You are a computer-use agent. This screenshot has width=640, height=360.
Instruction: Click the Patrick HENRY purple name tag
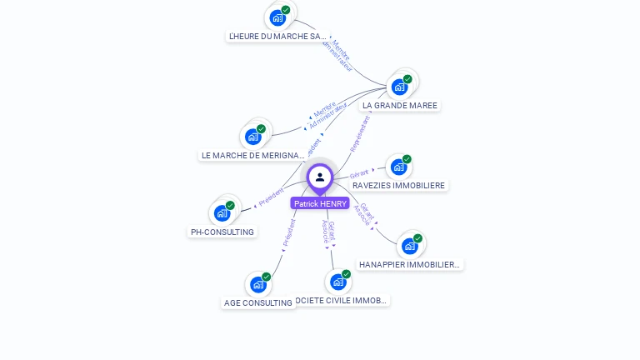(x=320, y=203)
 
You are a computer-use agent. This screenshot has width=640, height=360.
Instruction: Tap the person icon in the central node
(x=320, y=177)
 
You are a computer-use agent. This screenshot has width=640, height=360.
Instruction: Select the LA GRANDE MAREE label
(x=400, y=106)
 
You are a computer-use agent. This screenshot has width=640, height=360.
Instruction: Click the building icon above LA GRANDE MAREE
(x=400, y=87)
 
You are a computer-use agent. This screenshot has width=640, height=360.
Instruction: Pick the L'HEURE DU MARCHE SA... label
(x=277, y=37)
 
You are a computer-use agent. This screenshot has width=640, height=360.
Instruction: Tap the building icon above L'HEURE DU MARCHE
(x=277, y=17)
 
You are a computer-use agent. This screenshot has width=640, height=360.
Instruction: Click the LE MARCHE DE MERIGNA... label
(x=253, y=155)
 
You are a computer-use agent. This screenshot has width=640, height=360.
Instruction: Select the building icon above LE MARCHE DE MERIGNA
(x=253, y=137)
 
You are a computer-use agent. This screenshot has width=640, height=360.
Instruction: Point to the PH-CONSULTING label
(x=222, y=232)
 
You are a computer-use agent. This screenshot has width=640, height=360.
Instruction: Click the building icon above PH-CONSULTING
(x=222, y=212)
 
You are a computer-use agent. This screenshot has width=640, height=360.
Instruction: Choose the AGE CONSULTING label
(x=258, y=303)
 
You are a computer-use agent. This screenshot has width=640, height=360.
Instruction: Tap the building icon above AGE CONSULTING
(x=258, y=284)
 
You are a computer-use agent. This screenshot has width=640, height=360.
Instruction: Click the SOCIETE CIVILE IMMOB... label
(x=342, y=300)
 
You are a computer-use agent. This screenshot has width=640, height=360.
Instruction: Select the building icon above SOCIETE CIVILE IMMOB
(x=337, y=282)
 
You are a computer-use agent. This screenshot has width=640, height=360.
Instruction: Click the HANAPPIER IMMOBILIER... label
(x=409, y=264)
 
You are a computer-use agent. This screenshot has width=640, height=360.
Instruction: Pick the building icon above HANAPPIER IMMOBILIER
(x=409, y=246)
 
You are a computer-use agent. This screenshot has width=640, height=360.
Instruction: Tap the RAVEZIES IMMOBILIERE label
(x=399, y=185)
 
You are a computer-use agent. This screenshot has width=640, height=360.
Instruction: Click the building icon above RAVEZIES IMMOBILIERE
(x=399, y=167)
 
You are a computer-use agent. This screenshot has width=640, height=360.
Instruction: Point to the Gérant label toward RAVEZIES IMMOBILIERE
(x=360, y=173)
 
